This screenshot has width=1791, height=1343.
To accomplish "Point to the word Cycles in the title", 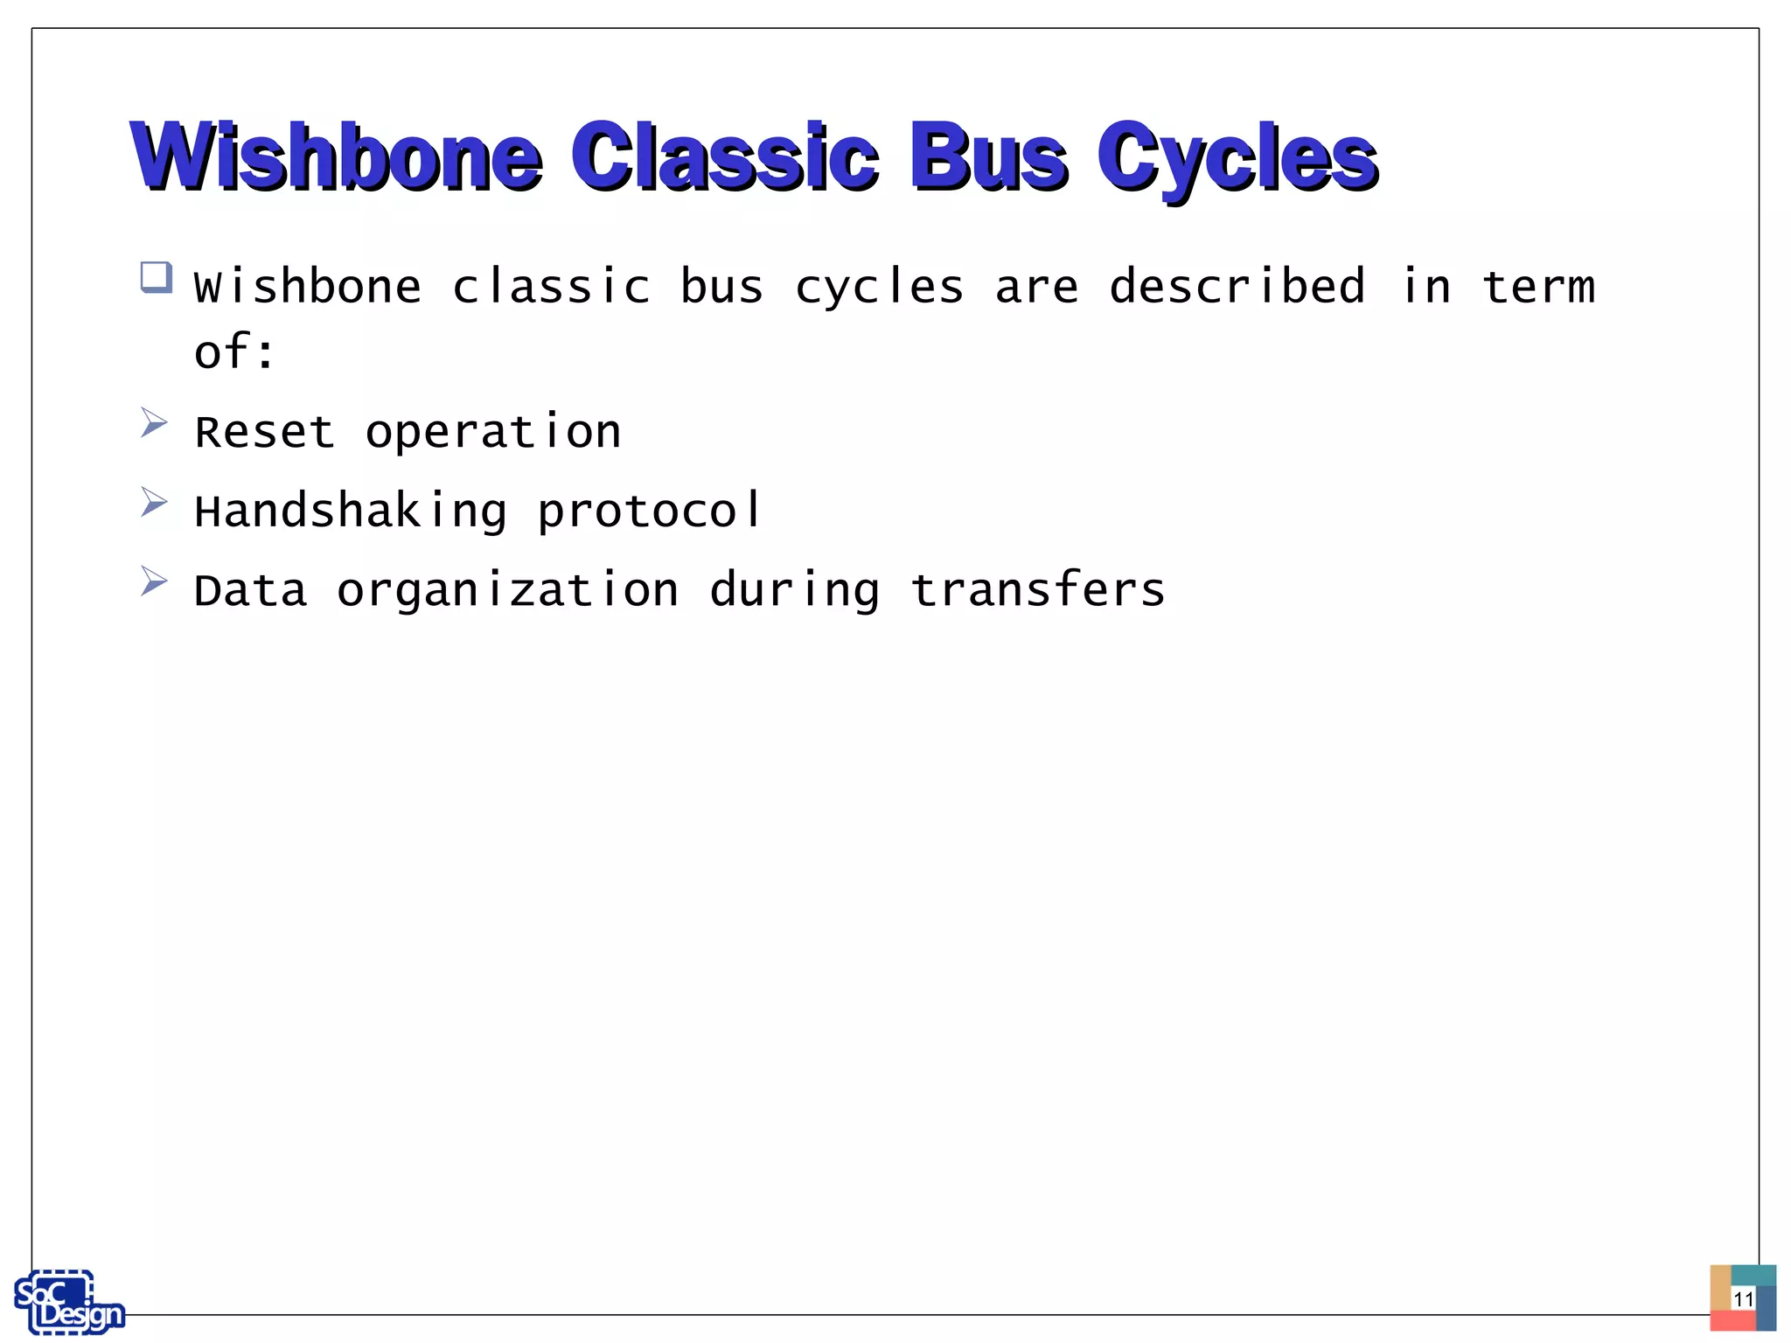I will (x=1237, y=157).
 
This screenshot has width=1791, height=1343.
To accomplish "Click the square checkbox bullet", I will (x=156, y=278).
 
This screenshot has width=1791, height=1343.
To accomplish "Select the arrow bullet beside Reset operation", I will (x=154, y=423).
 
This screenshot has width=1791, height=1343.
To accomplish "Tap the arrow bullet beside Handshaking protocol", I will (x=154, y=502).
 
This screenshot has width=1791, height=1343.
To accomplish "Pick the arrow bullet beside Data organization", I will (x=154, y=581).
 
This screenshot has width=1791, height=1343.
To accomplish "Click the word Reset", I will (x=264, y=432).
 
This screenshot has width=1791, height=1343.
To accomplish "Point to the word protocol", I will (x=649, y=511).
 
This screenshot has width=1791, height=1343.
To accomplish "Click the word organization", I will (x=507, y=590).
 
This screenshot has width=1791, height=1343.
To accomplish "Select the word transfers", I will (x=1038, y=589).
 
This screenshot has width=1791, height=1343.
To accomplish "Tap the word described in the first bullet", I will (x=1237, y=287).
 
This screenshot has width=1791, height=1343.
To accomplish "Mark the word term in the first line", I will (x=1539, y=287).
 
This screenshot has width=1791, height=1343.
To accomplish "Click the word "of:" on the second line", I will (x=234, y=352).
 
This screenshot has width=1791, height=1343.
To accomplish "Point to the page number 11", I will (x=1743, y=1298).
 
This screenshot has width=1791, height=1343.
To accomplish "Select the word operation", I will (x=493, y=432).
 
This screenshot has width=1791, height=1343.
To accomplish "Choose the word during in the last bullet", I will (x=794, y=590).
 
